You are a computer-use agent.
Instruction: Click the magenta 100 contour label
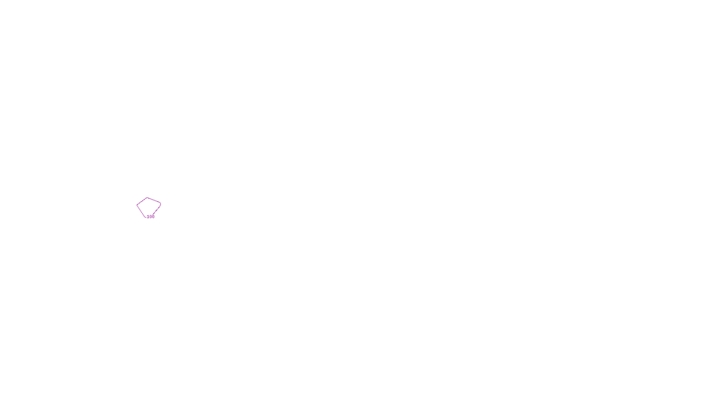[x=151, y=217]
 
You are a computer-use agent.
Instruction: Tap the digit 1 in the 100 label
[x=148, y=217]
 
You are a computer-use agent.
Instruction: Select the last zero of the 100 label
[x=153, y=217]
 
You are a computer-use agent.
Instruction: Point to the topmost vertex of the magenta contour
[x=147, y=198]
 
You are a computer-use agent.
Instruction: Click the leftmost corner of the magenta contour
[x=137, y=206]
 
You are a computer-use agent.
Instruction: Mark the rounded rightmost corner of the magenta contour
[x=160, y=204]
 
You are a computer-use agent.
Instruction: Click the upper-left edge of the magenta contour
[x=142, y=202]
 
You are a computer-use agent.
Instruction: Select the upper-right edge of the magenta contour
[x=154, y=200]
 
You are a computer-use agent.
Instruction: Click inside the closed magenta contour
[x=149, y=206]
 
